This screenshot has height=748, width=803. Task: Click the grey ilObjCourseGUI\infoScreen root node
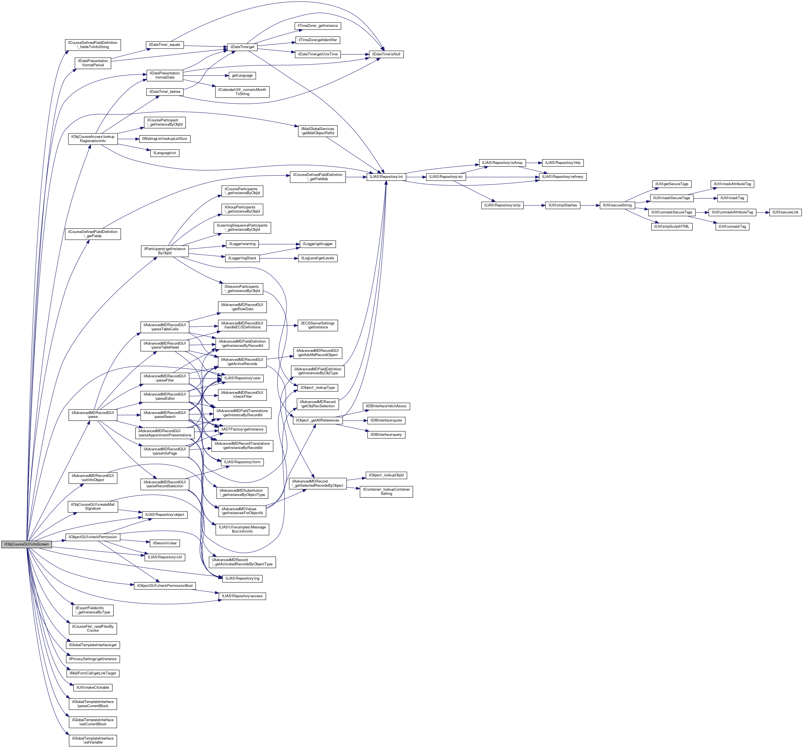pos(26,544)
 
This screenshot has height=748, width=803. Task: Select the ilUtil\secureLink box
pos(785,212)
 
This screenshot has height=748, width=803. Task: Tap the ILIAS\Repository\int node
pos(386,177)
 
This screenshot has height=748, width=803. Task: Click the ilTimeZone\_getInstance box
pos(318,26)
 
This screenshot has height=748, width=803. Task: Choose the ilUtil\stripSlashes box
pos(563,205)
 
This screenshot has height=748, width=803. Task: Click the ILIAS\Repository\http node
pos(563,163)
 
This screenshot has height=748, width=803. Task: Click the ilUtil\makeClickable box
pos(93,687)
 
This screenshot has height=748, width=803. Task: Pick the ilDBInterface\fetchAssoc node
pos(386,406)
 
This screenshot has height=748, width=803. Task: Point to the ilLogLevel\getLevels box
pos(318,258)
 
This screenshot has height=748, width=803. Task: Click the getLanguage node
pos(242,76)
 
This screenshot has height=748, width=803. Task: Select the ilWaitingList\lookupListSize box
pos(164,139)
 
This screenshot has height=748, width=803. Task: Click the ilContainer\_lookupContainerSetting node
pos(386,492)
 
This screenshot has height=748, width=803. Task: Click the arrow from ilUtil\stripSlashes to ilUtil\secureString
pos(590,205)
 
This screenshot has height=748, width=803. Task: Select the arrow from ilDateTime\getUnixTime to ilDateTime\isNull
pos(354,54)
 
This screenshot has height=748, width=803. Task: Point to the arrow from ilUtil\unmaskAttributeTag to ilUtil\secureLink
pos(762,212)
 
